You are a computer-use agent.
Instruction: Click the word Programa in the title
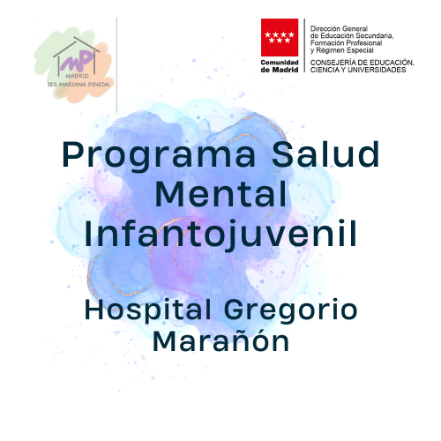click(x=159, y=156)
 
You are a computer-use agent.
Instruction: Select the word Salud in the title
click(x=325, y=153)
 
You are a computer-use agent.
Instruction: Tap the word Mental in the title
click(x=220, y=194)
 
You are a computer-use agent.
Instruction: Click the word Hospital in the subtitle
click(x=148, y=310)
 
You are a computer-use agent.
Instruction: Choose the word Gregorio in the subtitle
click(x=291, y=310)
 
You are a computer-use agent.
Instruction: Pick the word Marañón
click(x=220, y=340)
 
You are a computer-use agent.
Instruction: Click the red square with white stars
click(x=280, y=37)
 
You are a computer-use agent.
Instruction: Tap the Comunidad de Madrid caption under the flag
click(x=280, y=66)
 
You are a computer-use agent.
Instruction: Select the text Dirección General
click(x=339, y=28)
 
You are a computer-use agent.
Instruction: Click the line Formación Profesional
click(x=346, y=43)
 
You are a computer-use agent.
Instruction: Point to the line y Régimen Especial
click(x=342, y=50)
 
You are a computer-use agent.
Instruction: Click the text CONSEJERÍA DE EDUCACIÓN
click(x=363, y=63)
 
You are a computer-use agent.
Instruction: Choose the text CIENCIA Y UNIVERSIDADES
click(x=358, y=70)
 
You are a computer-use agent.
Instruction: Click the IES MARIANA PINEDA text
click(x=78, y=85)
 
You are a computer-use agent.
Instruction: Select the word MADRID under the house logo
click(x=77, y=76)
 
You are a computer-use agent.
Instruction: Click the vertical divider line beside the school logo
click(x=116, y=65)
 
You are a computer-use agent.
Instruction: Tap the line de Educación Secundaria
click(x=352, y=36)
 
